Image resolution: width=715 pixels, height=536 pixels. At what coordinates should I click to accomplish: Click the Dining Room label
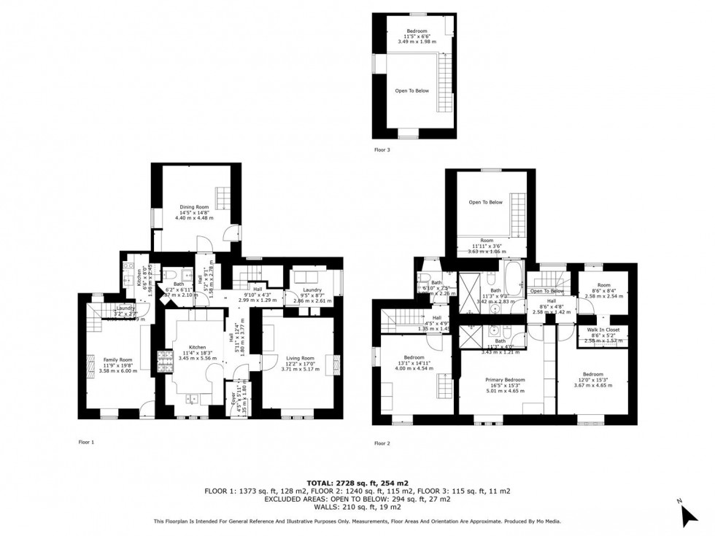(192, 207)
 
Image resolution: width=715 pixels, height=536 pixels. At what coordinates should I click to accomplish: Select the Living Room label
(300, 358)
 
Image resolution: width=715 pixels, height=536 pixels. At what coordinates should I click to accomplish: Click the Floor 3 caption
(382, 149)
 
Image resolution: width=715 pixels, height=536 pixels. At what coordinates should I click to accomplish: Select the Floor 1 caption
(86, 442)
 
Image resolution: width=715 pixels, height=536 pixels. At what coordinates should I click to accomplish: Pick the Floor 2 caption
(382, 443)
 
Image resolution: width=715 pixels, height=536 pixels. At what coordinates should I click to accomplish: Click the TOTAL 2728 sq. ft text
(357, 483)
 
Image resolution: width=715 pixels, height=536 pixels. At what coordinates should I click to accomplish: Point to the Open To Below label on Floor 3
(412, 91)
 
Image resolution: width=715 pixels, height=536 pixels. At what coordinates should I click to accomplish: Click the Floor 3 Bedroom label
(417, 31)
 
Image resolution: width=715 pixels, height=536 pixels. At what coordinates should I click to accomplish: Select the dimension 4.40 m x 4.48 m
(192, 218)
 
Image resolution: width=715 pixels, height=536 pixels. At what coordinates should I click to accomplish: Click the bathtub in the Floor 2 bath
(513, 281)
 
